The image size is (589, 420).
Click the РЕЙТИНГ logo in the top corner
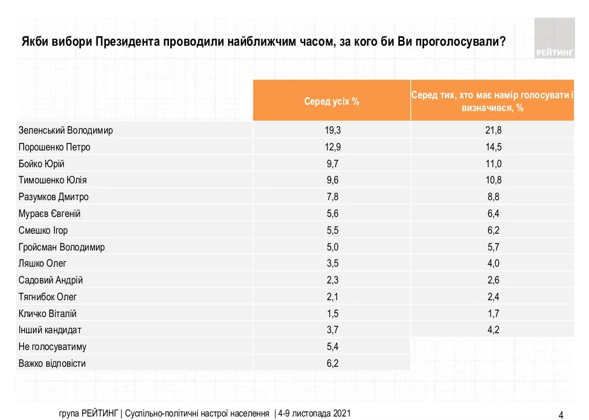pos(554,38)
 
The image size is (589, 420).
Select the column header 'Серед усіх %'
pos(332,101)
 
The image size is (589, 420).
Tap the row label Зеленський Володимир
pos(65,130)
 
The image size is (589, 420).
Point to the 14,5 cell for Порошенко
pos(492,147)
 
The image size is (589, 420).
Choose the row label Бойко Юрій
pos(42,164)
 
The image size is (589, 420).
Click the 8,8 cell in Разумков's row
pos(492,197)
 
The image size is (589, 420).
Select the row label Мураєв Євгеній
pos(50,213)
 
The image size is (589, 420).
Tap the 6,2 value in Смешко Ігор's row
pos(492,230)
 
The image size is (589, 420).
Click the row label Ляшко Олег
pos(42,264)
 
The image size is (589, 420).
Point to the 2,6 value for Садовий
pos(492,280)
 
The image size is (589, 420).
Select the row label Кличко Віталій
pos(47,314)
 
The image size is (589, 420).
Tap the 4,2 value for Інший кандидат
pos(492,330)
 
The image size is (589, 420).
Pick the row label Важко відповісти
pos(52,364)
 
